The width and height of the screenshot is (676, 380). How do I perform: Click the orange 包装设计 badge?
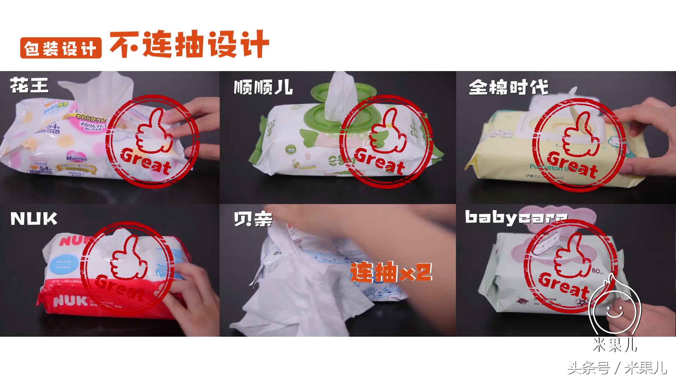tap(61, 48)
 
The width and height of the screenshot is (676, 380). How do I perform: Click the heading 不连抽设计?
tap(189, 45)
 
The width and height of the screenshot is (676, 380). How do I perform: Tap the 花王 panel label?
tap(29, 85)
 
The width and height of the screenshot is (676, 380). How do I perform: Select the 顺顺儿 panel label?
tap(263, 87)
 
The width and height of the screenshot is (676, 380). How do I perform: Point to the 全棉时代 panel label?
tap(508, 88)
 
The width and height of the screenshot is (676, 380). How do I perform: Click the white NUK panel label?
tap(34, 219)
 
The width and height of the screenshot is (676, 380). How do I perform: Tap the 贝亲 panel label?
tap(253, 219)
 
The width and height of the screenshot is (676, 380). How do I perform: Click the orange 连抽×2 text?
tap(391, 272)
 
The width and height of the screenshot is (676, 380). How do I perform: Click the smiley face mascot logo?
tap(614, 310)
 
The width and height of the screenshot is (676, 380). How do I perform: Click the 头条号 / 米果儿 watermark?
tap(617, 368)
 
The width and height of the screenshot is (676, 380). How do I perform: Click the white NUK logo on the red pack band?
tap(70, 301)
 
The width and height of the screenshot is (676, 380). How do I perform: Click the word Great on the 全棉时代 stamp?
tap(572, 165)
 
